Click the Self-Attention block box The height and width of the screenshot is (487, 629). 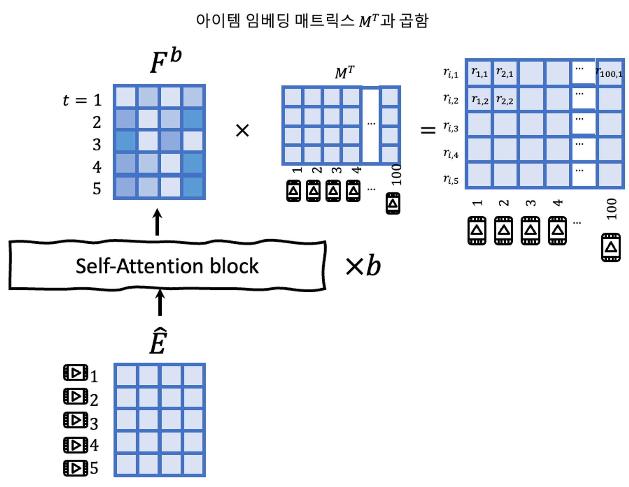click(x=167, y=265)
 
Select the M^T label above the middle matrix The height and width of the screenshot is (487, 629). click(x=344, y=73)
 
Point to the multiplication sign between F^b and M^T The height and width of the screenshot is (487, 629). click(x=242, y=130)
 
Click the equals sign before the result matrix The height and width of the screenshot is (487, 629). click(x=428, y=130)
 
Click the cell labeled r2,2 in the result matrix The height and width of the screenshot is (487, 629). click(x=504, y=100)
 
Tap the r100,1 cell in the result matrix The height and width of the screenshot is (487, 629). click(x=609, y=73)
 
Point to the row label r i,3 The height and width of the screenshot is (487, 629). click(x=451, y=127)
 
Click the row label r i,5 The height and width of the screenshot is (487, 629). click(x=451, y=179)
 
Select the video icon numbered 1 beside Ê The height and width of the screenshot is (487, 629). click(x=75, y=373)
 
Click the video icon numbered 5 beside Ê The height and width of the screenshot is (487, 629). click(x=75, y=468)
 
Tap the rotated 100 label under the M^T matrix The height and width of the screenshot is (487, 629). click(x=396, y=175)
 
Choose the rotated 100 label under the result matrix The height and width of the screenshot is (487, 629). click(x=611, y=209)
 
